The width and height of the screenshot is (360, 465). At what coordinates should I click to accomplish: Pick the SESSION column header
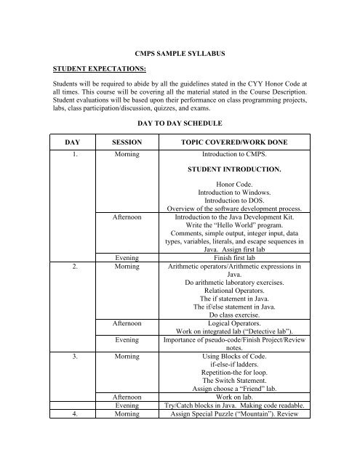pos(121,142)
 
